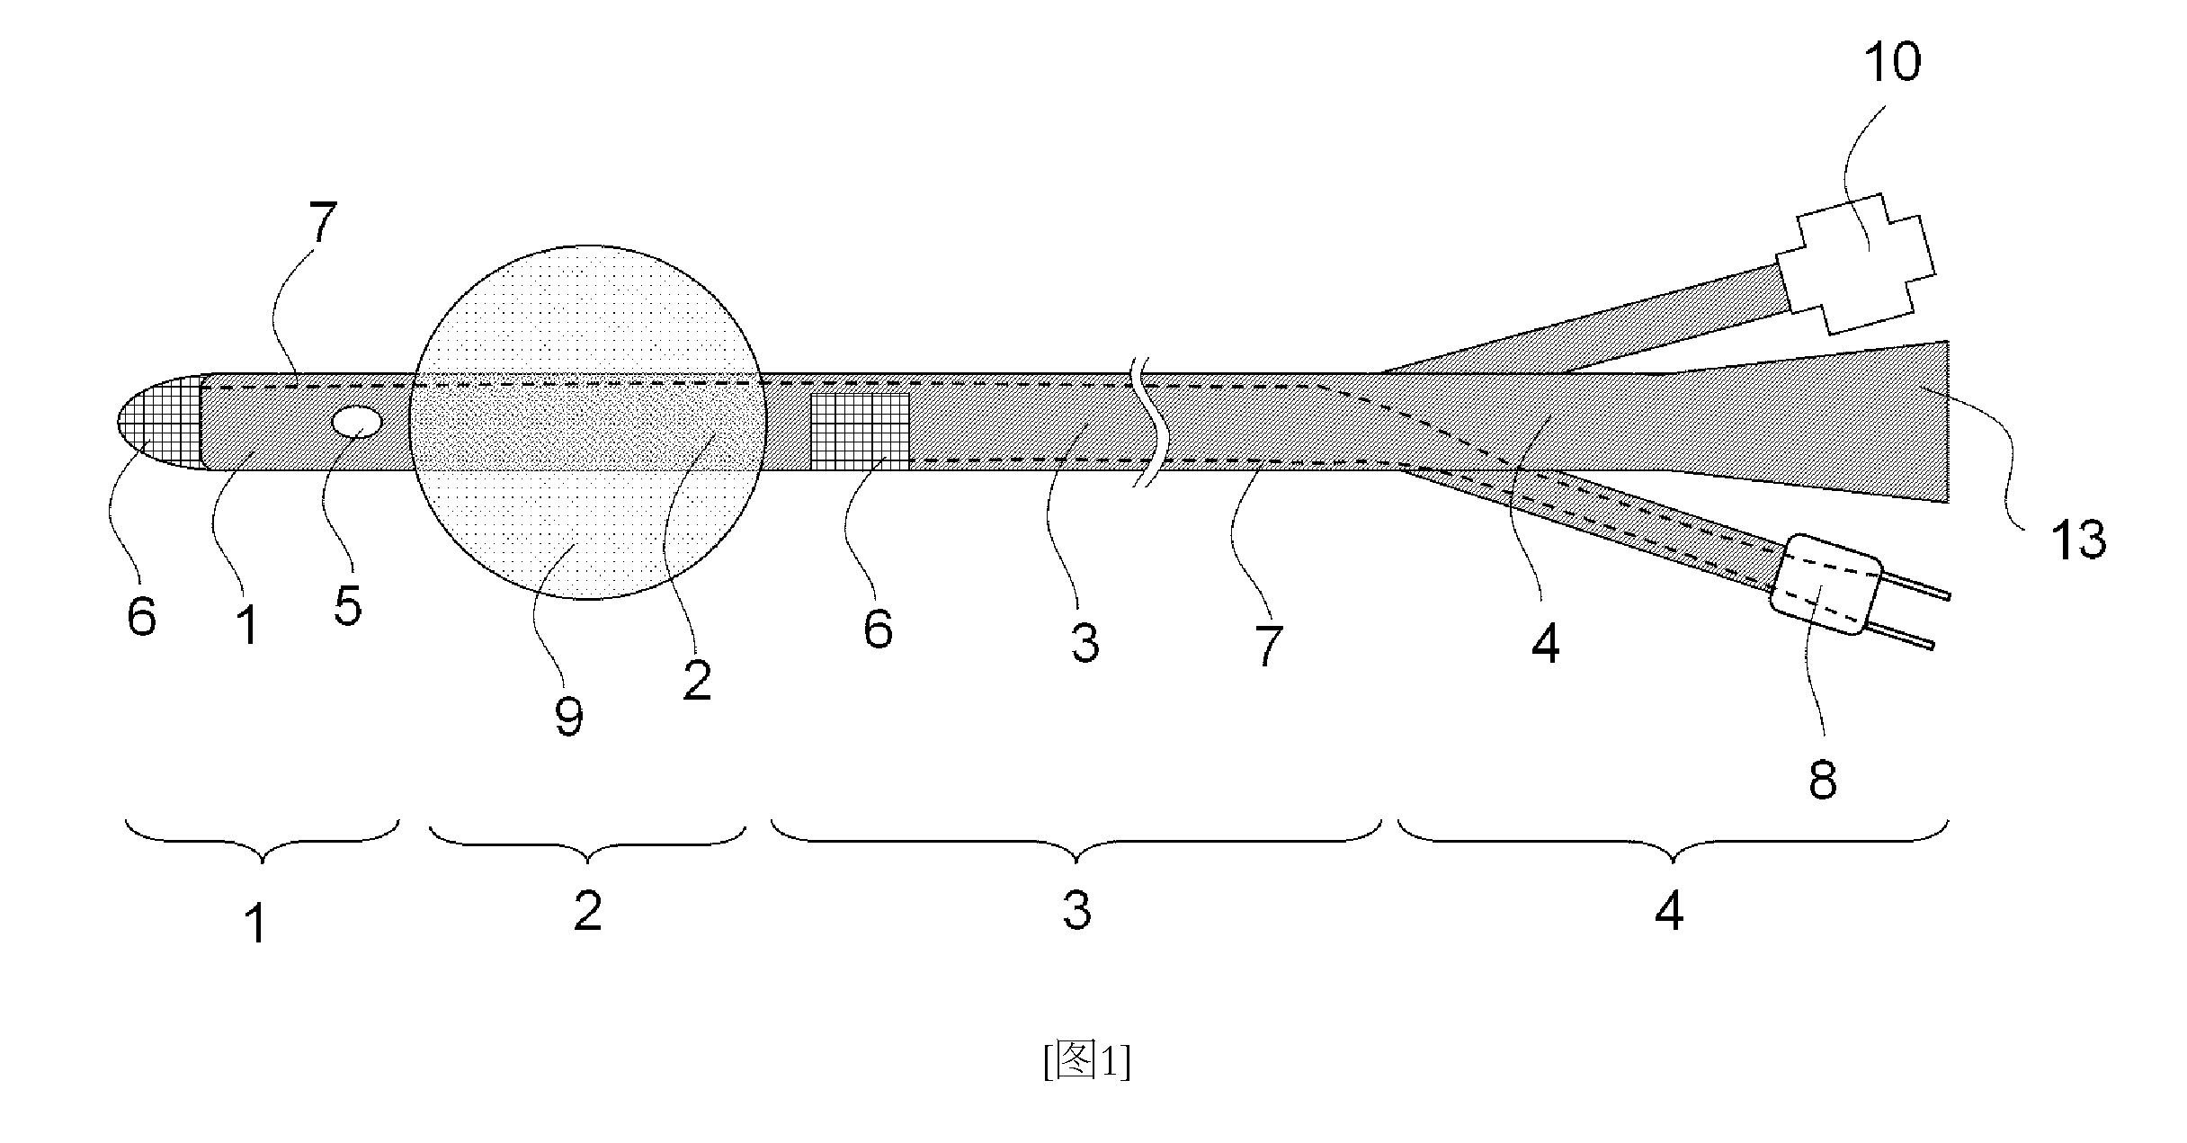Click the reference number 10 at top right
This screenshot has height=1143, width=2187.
(x=1892, y=63)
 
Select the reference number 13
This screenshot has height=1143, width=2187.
(x=2078, y=540)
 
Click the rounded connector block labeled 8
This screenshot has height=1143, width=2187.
(x=1825, y=585)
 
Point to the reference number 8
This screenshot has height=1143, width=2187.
(x=1823, y=779)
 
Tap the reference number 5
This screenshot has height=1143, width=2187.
(x=348, y=604)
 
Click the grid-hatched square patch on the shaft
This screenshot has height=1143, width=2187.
(x=861, y=431)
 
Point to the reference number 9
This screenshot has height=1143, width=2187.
(x=568, y=716)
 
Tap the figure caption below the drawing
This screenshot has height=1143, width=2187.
(x=1087, y=1062)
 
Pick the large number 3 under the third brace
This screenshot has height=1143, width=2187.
(x=1076, y=911)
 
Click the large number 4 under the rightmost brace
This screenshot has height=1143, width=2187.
(x=1669, y=911)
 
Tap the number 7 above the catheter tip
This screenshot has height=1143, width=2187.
(x=323, y=224)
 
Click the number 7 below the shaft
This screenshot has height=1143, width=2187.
(x=1268, y=646)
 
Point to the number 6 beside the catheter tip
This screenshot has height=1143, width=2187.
(x=141, y=616)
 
